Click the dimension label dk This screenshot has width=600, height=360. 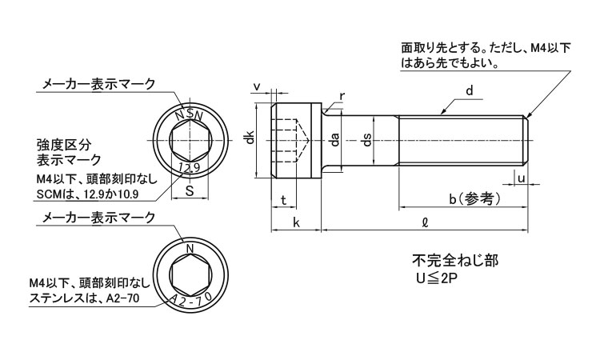250,138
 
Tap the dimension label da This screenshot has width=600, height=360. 335,140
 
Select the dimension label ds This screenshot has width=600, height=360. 367,140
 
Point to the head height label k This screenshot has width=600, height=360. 296,222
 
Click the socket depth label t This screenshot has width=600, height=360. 283,200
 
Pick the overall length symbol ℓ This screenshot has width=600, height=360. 425,222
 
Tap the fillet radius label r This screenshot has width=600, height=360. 342,96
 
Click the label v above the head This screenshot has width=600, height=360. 258,87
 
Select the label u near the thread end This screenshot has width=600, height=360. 521,178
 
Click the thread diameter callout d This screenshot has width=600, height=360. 470,90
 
